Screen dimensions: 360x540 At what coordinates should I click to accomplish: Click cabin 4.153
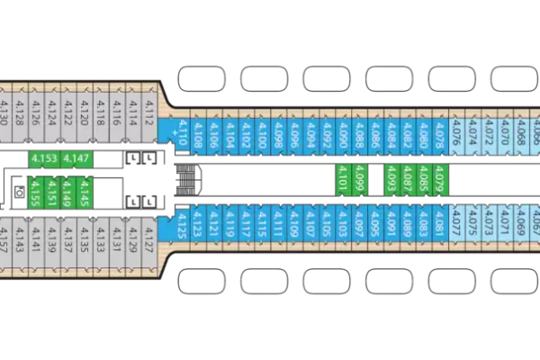[43, 159]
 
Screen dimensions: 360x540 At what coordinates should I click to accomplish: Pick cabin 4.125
[182, 223]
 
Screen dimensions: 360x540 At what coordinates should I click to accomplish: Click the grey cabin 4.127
[148, 241]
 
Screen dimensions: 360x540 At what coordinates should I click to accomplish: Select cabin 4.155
[34, 191]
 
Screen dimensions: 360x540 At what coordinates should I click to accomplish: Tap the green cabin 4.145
[85, 191]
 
